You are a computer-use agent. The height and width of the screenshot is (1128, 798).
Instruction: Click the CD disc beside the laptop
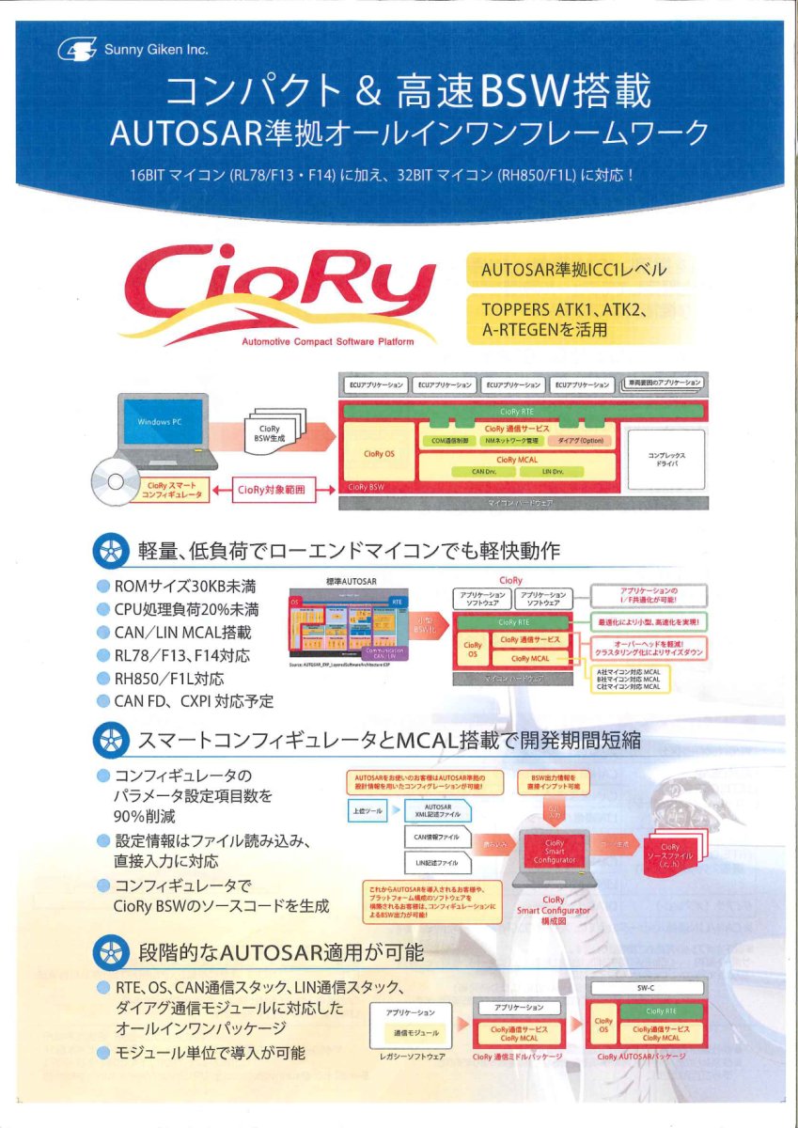click(114, 480)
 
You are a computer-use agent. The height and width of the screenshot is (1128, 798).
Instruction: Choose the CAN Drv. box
click(484, 471)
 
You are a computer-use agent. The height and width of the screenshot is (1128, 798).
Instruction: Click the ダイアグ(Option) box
click(579, 440)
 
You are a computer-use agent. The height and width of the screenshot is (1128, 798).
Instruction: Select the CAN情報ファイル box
click(437, 836)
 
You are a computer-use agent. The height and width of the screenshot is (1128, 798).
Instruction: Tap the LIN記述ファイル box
click(437, 862)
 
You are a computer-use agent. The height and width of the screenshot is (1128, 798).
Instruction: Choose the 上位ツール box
click(366, 810)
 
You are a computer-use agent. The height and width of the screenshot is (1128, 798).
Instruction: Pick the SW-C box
click(646, 988)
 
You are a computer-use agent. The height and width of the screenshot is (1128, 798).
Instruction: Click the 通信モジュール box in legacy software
click(414, 1031)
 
